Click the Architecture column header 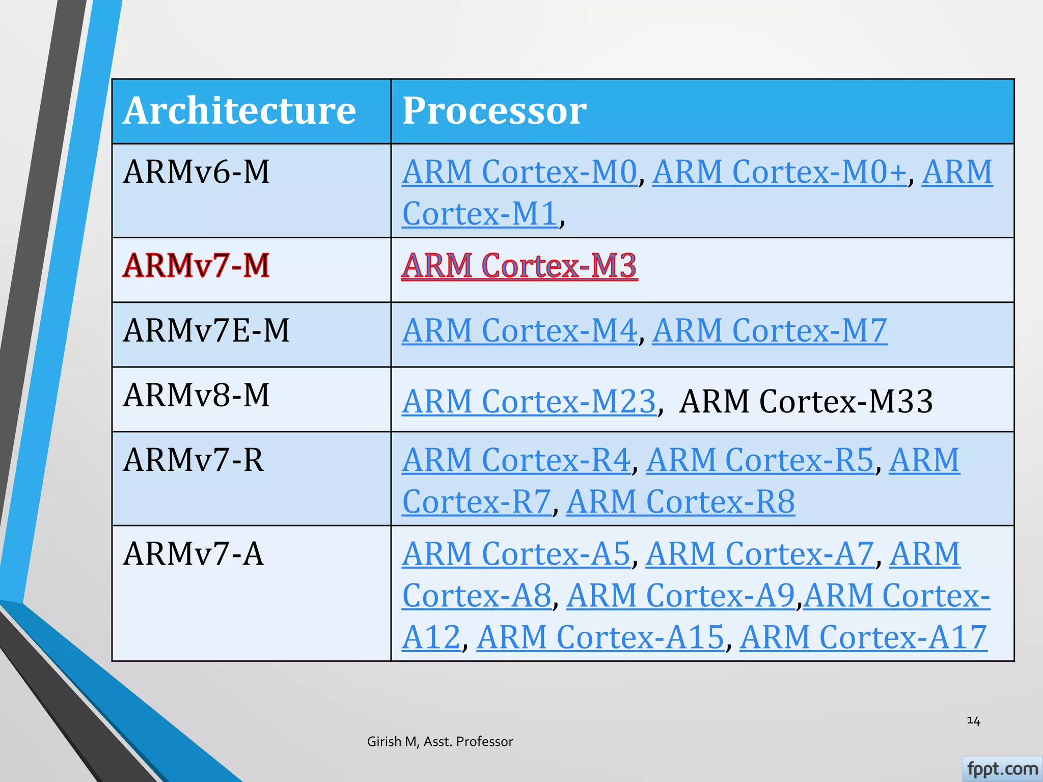pos(239,110)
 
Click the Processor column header pos(495,110)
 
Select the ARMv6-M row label pos(196,172)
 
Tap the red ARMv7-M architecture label pos(196,266)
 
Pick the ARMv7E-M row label pos(206,330)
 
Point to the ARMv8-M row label pos(196,396)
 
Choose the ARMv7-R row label pos(194,460)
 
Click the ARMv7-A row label pos(194,554)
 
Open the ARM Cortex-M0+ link pos(779,172)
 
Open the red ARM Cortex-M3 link pos(519,266)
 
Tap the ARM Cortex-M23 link pos(529,402)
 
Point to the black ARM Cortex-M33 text pos(806,402)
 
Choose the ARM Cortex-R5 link pos(760,460)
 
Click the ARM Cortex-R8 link pos(680,502)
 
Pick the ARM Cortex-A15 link pos(600,637)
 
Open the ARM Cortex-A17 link pos(863,637)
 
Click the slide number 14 pos(973,721)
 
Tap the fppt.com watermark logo pos(1002,769)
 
